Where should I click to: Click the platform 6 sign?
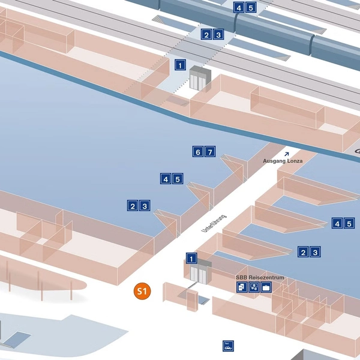point(198,152)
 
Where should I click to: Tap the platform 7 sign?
point(210,152)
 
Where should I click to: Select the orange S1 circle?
point(142,292)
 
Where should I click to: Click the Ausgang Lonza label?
point(283,161)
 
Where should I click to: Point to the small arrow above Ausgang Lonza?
point(287,154)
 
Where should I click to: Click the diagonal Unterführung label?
point(214,223)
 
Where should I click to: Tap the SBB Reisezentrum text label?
point(260,278)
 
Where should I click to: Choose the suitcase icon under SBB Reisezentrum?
point(266,287)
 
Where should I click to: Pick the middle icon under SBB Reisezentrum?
point(254,287)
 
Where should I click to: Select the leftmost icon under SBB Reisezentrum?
point(241,287)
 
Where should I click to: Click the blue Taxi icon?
point(228,346)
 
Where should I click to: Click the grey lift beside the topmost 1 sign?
point(200,79)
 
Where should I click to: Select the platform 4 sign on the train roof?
point(239,8)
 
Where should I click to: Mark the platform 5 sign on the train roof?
point(251,8)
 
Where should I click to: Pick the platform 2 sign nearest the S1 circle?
point(133,206)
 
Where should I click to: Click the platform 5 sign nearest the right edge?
point(350,224)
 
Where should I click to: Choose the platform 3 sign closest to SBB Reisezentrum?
point(316,252)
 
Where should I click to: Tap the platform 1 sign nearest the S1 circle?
point(191,259)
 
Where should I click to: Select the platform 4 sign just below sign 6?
point(165,179)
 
